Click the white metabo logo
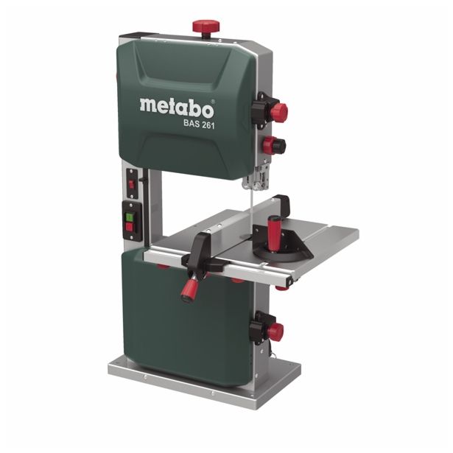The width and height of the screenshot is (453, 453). click(177, 108)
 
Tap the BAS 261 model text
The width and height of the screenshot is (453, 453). click(198, 124)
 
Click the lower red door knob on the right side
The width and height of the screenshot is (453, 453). click(275, 332)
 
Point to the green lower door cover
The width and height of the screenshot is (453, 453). click(192, 317)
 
